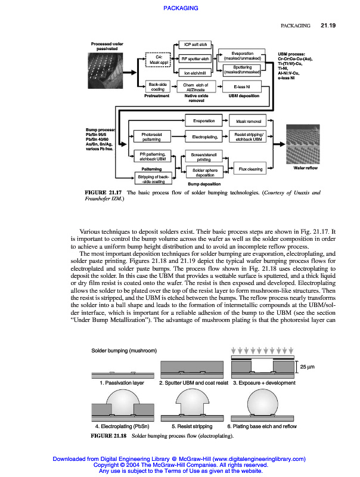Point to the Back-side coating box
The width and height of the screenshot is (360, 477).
[x=157, y=86]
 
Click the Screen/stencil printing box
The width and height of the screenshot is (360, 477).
[x=204, y=157]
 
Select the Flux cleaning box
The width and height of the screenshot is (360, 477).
[x=250, y=169]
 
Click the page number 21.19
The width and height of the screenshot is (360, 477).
[x=328, y=26]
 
